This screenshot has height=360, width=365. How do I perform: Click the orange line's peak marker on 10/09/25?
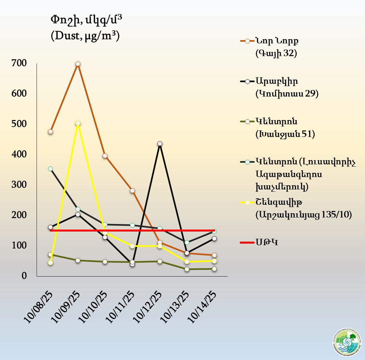coord(78,64)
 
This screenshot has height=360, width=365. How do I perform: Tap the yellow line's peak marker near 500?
coord(78,124)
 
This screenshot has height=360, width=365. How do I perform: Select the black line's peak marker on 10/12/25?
coord(160,143)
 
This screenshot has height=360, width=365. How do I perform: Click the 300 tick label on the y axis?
coord(20,185)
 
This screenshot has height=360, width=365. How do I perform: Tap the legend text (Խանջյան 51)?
coord(285,134)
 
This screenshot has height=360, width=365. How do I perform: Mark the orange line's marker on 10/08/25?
coord(50,132)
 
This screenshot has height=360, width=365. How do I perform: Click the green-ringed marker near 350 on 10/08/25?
coord(50,169)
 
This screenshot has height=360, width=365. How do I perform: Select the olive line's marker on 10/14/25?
coord(214,269)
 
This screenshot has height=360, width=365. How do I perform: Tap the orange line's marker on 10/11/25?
coord(132,191)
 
